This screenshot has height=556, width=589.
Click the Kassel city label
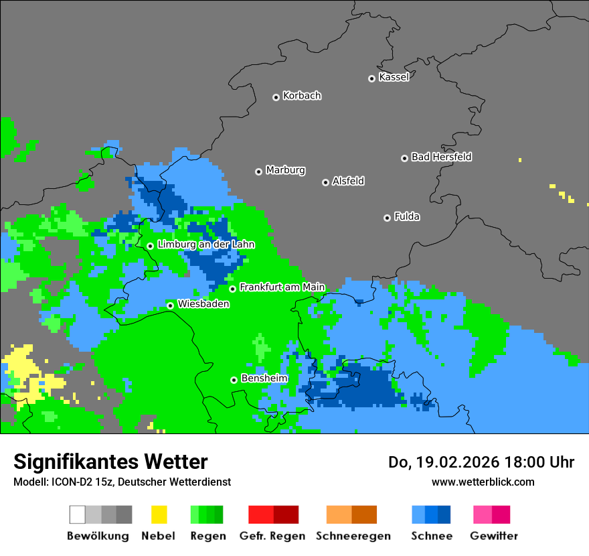(x=394, y=77)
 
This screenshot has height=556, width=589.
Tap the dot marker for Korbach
(x=276, y=97)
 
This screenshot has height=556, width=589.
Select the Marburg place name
(x=285, y=170)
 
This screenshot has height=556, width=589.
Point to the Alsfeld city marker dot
(x=325, y=182)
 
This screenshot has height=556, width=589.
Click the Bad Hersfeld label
(x=441, y=157)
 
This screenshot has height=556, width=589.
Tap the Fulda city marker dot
(x=387, y=218)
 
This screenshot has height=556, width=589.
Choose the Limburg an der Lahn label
(x=205, y=245)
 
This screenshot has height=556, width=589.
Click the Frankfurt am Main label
(x=282, y=287)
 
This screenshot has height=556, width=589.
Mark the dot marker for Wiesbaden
(x=171, y=305)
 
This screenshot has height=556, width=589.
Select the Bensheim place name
(x=264, y=378)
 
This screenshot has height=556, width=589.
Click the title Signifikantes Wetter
(x=110, y=462)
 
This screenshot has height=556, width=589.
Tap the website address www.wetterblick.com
(x=483, y=482)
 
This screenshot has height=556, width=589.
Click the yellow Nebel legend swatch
(x=159, y=514)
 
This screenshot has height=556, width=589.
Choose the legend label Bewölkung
(x=98, y=536)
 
